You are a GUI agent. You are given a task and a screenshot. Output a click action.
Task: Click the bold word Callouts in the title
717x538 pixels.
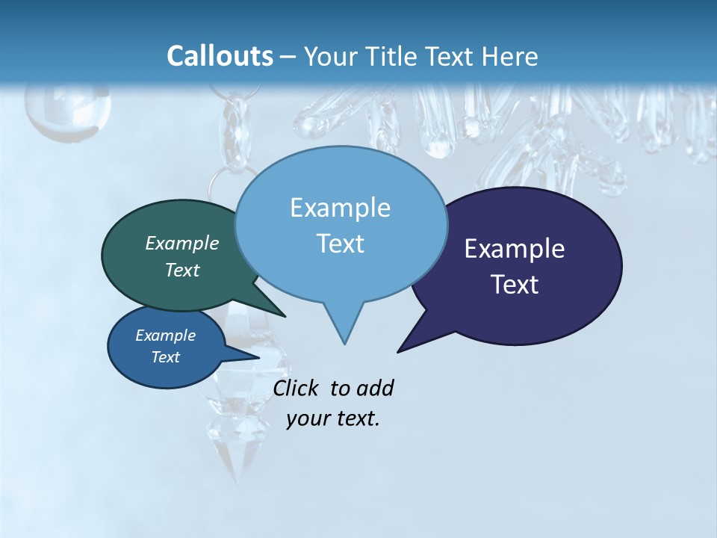pyautogui.click(x=220, y=56)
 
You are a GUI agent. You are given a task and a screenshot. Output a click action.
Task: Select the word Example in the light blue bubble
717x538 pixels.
pyautogui.click(x=340, y=208)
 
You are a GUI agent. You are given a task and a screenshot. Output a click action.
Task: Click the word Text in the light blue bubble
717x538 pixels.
pyautogui.click(x=340, y=244)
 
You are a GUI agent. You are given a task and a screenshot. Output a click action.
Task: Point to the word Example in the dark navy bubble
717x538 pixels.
pyautogui.click(x=514, y=249)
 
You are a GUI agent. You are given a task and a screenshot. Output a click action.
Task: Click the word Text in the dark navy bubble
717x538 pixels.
pyautogui.click(x=514, y=285)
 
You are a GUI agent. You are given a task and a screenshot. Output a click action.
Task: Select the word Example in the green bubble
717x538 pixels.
pyautogui.click(x=181, y=243)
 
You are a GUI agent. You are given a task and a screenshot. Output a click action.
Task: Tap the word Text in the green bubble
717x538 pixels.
pyautogui.click(x=181, y=270)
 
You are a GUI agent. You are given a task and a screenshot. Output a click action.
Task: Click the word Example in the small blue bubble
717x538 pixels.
pyautogui.click(x=165, y=336)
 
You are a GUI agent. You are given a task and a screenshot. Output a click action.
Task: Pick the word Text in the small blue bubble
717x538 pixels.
pyautogui.click(x=165, y=357)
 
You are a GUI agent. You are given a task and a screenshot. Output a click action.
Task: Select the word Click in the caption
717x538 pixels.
pyautogui.click(x=297, y=389)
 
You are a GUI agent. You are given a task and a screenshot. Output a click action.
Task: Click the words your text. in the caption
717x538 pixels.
pyautogui.click(x=333, y=418)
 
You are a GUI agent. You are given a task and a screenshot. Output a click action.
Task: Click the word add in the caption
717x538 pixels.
pyautogui.click(x=375, y=389)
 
